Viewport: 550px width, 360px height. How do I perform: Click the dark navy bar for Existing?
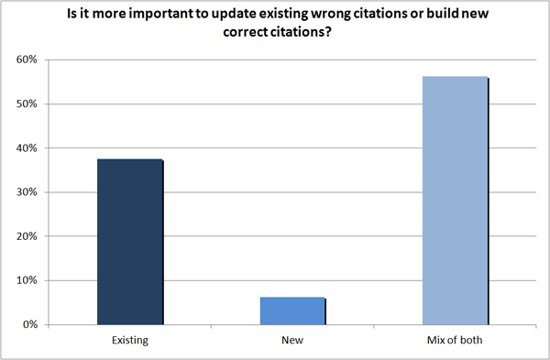click(129, 242)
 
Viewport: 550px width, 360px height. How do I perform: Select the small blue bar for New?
click(292, 311)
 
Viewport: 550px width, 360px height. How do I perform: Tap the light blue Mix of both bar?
click(455, 201)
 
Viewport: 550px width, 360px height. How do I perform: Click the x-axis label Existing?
click(129, 341)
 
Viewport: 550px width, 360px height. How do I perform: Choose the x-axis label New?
click(292, 341)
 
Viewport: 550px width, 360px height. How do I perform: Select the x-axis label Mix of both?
click(455, 341)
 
